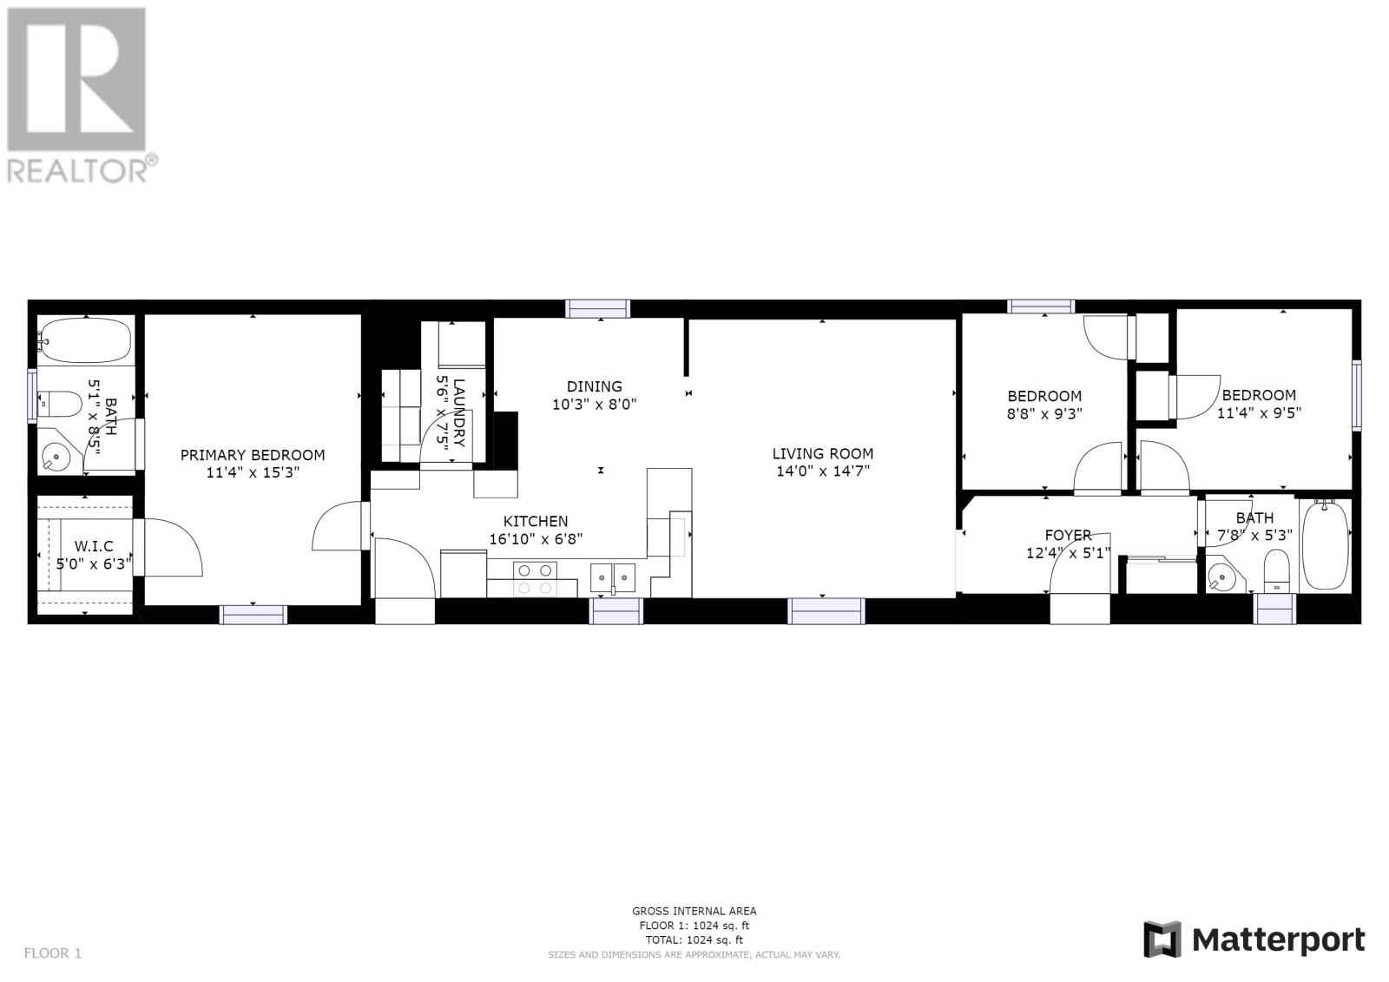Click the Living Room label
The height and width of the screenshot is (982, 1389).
(822, 453)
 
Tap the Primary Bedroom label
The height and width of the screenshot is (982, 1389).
(253, 455)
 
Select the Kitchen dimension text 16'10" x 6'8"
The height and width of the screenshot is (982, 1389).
(536, 539)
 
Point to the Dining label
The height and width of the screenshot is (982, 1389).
(594, 386)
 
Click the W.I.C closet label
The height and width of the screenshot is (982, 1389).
(94, 546)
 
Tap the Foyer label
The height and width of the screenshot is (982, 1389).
(1068, 535)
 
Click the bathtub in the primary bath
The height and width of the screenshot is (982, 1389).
(85, 340)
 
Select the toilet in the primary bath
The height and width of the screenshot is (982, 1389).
(60, 405)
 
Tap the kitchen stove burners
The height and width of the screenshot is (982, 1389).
(535, 579)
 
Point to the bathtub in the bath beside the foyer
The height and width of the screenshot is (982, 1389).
(1325, 546)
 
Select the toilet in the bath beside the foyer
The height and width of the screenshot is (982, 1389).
(1276, 570)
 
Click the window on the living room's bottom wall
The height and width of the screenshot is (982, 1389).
(826, 611)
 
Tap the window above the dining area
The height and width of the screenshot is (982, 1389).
(598, 309)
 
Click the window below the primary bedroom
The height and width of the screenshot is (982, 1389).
(253, 615)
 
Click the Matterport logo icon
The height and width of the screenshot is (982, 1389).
(1162, 940)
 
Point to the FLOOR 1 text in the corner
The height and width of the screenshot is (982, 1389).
(53, 952)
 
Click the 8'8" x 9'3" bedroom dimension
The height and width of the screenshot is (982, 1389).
(1044, 414)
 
